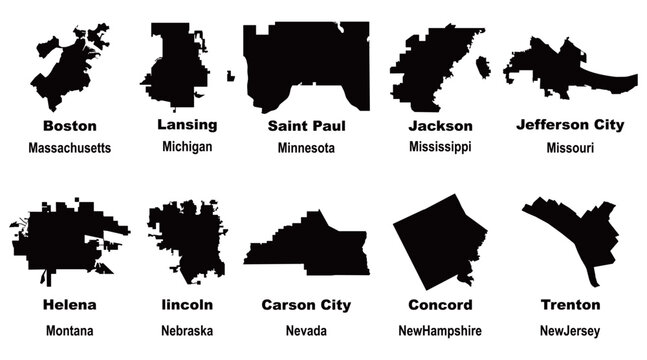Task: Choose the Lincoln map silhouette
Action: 185,240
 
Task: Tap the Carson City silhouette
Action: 310,250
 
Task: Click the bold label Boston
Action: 70,126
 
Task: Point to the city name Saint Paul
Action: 306,126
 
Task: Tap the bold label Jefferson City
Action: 570,125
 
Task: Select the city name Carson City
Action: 306,304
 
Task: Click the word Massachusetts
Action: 70,148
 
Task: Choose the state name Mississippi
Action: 440,147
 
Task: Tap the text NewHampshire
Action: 445,330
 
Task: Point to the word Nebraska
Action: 187,330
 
